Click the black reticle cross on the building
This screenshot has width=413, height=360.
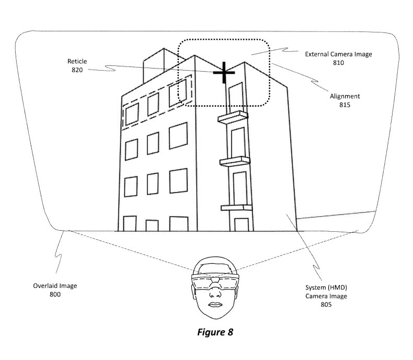224,74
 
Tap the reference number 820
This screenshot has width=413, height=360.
76,70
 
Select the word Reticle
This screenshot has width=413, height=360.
77,61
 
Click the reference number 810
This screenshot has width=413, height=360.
338,62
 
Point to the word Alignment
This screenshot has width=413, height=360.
345,96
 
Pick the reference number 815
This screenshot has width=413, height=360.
344,105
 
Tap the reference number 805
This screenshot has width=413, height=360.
326,304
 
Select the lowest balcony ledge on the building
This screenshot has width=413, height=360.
236,208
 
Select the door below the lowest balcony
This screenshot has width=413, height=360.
241,223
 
